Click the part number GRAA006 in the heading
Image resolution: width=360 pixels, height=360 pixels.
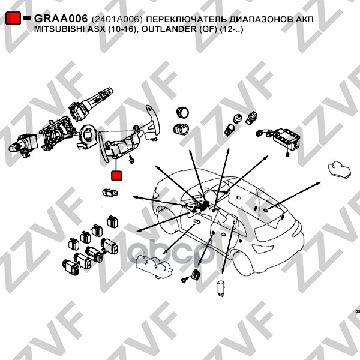click(61, 19)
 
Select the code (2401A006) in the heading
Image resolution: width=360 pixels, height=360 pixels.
click(117, 19)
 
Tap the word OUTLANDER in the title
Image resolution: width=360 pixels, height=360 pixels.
click(167, 29)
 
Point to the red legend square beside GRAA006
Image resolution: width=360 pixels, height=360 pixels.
click(13, 18)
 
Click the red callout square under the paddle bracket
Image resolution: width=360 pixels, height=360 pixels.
click(116, 175)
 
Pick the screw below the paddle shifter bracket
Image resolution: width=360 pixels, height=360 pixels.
click(131, 159)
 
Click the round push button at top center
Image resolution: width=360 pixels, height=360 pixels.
click(182, 113)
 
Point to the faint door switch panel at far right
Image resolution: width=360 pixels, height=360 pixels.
click(340, 170)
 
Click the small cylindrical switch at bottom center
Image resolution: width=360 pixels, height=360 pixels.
click(220, 288)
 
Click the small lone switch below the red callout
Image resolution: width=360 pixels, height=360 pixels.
click(110, 193)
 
